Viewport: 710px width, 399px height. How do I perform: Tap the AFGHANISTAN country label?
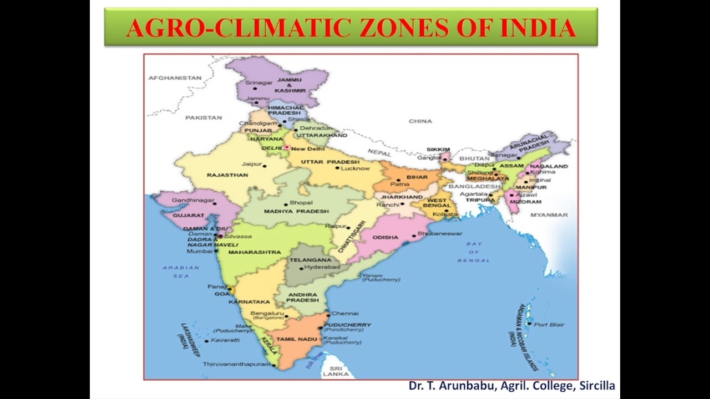point(175,78)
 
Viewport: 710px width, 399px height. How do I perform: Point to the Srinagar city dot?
point(255,88)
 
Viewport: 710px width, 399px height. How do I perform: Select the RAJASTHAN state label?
point(227,175)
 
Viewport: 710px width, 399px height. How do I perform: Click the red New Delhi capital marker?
point(286,148)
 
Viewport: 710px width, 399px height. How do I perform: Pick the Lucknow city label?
point(356,168)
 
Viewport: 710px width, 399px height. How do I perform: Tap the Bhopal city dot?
point(286,204)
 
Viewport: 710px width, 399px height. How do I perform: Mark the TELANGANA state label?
point(310,259)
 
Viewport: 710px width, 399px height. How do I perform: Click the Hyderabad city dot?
point(301,268)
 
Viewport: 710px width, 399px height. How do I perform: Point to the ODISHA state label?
point(385,237)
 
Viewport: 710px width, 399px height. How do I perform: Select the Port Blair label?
point(549,324)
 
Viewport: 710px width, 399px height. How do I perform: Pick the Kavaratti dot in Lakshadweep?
point(206,340)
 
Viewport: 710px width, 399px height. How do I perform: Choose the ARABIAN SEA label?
point(181,272)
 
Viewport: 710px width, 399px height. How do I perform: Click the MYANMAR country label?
point(549,215)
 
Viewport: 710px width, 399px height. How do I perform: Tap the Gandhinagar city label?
point(189,200)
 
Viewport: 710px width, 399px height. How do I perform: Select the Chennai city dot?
point(328,315)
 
